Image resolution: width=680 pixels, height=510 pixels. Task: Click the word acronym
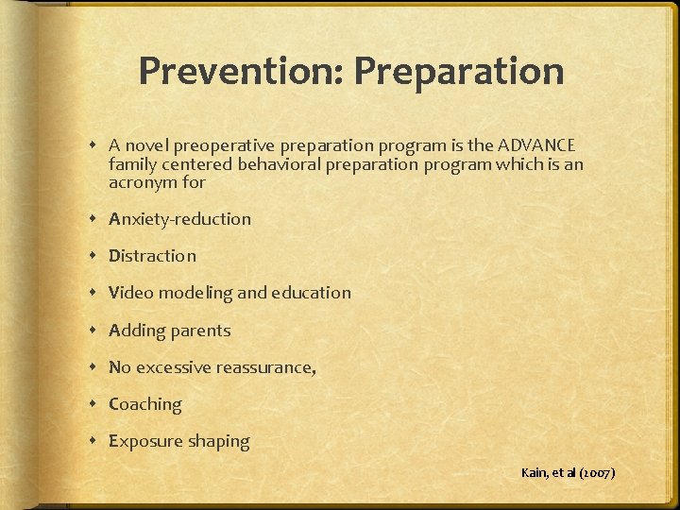(138, 181)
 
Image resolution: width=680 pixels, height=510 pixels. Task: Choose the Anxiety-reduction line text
(179, 219)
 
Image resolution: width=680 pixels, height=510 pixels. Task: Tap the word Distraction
(152, 256)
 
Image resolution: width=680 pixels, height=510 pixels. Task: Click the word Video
(131, 293)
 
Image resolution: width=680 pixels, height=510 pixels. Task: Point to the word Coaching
(144, 404)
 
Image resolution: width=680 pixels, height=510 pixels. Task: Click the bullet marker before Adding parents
(96, 331)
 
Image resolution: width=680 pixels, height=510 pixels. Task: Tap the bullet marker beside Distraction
(96, 256)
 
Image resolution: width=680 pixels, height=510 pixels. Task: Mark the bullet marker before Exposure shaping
(96, 441)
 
